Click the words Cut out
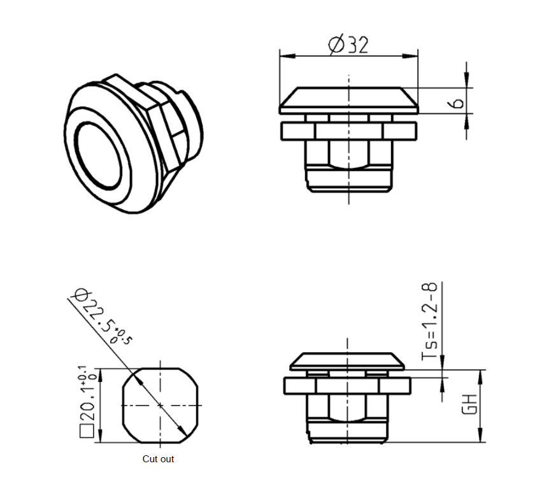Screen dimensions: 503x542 point(158,458)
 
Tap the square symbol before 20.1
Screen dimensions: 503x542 point(87,434)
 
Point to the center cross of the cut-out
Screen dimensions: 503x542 point(160,405)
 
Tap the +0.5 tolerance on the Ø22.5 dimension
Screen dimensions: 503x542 point(123,336)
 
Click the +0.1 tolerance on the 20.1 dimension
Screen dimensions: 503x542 point(82,372)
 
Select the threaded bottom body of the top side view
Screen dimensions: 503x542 point(349,178)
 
